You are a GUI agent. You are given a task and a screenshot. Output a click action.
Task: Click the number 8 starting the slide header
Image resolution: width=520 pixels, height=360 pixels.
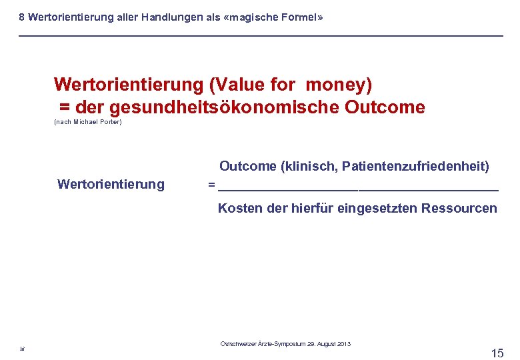[22, 18]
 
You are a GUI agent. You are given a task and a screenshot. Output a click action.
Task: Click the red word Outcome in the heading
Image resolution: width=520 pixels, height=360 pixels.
[385, 107]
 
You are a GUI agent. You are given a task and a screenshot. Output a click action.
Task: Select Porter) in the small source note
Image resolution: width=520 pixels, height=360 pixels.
[111, 123]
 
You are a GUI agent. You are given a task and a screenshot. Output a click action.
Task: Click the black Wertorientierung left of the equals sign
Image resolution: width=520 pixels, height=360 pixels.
[111, 184]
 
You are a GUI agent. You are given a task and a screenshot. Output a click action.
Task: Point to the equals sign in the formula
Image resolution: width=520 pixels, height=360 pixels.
[211, 185]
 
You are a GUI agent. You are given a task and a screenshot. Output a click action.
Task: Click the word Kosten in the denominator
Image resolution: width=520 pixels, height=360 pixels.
[240, 208]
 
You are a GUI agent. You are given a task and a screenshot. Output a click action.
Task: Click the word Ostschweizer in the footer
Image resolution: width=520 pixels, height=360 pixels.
[237, 344]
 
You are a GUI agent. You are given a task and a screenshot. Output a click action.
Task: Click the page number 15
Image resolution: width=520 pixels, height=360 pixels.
[497, 353]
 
